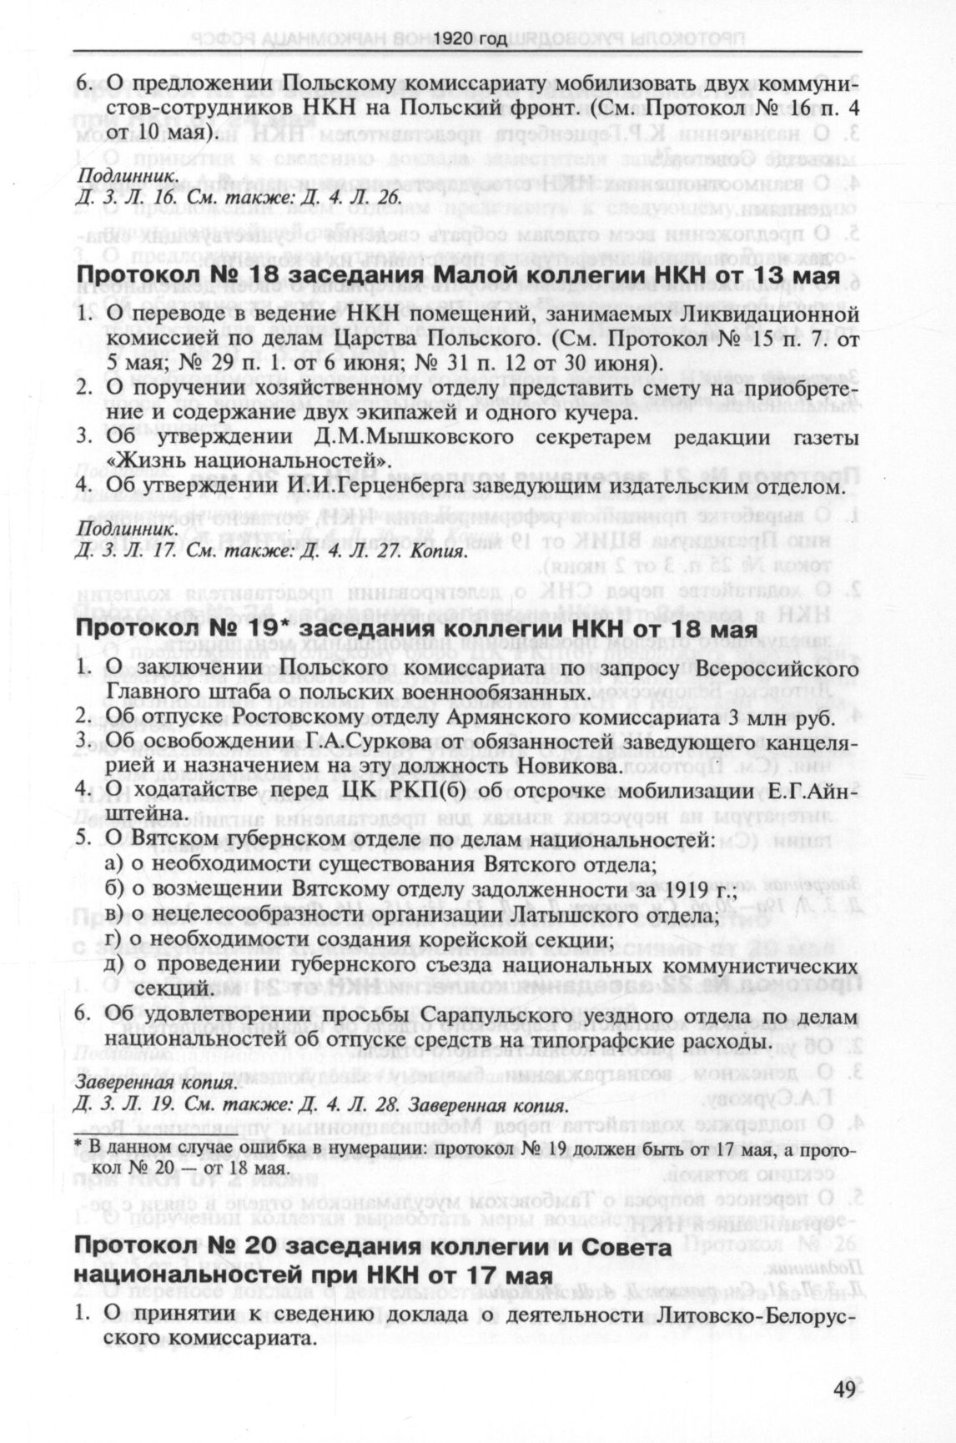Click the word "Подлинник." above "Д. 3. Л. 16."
coord(126,178)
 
